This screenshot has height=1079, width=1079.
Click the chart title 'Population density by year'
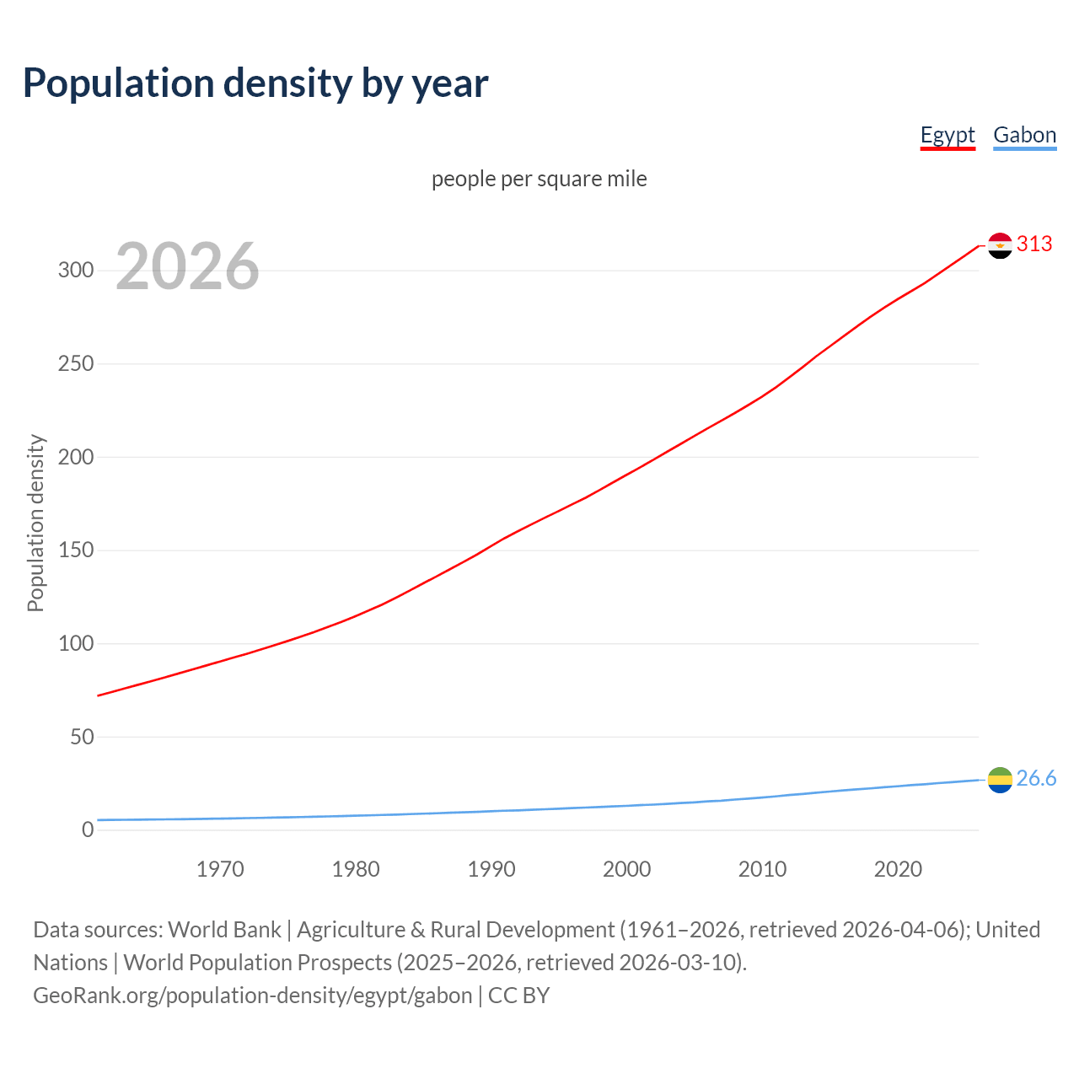[255, 83]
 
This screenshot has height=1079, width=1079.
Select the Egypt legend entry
[947, 135]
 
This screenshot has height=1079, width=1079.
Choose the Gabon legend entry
[1024, 135]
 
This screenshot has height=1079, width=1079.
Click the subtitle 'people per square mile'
[539, 179]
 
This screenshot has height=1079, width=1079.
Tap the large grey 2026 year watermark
[187, 266]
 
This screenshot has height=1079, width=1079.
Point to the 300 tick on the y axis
[75, 271]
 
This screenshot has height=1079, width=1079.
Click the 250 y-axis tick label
[75, 364]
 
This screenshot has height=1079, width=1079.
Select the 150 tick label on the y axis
[75, 550]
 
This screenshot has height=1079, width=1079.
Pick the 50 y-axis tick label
[81, 737]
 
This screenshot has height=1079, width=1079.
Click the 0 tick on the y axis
[88, 829]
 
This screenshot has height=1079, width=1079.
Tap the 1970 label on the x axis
[220, 869]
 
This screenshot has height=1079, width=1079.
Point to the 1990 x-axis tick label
[491, 869]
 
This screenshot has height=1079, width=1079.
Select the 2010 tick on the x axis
[762, 869]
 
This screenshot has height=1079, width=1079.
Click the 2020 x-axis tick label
[898, 869]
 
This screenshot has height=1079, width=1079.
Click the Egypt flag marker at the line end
[1000, 245]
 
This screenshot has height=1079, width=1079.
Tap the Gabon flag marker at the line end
[1000, 780]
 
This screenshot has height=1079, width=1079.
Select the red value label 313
[1034, 244]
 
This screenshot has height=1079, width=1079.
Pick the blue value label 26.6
[1036, 778]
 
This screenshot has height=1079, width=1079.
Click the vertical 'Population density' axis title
[35, 523]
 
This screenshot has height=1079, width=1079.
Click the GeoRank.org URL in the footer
[253, 996]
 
